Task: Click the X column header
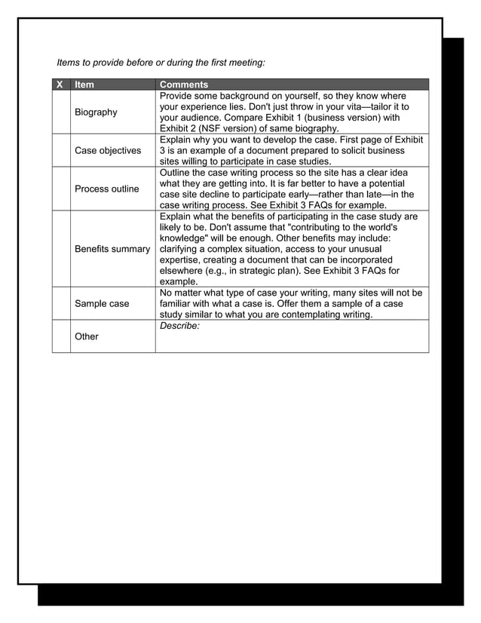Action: (x=60, y=84)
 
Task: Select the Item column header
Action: (x=84, y=84)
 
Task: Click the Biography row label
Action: (x=96, y=112)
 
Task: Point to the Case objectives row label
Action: (x=108, y=151)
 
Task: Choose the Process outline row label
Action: (x=106, y=189)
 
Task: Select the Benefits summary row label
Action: (x=112, y=249)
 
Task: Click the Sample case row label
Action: (x=102, y=304)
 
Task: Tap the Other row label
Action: (x=87, y=336)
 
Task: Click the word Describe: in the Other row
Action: (x=179, y=326)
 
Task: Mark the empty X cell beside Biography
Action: (x=61, y=112)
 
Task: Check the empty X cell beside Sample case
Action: (x=61, y=304)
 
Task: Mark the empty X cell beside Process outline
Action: (x=61, y=189)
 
